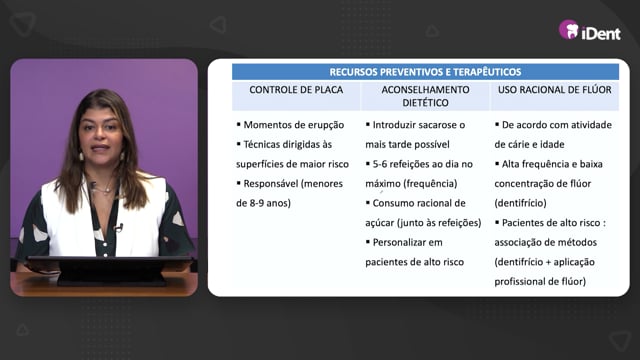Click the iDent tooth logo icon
pyautogui.click(x=569, y=30)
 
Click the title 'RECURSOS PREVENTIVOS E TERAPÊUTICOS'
pyautogui.click(x=425, y=72)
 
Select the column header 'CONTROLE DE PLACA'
pyautogui.click(x=296, y=90)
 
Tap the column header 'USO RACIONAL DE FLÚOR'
pyautogui.click(x=555, y=90)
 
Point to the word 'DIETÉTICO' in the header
pyautogui.click(x=425, y=103)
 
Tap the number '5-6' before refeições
pyautogui.click(x=380, y=164)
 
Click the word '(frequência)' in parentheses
pyautogui.click(x=431, y=184)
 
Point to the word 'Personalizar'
pyautogui.click(x=398, y=242)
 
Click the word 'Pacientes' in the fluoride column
pyautogui.click(x=521, y=223)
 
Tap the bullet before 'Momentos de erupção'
pyautogui.click(x=238, y=124)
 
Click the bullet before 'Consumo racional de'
pyautogui.click(x=368, y=202)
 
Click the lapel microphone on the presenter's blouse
pyautogui.click(x=119, y=228)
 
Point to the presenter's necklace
pyautogui.click(x=101, y=189)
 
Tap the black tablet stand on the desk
pyautogui.click(x=110, y=270)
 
